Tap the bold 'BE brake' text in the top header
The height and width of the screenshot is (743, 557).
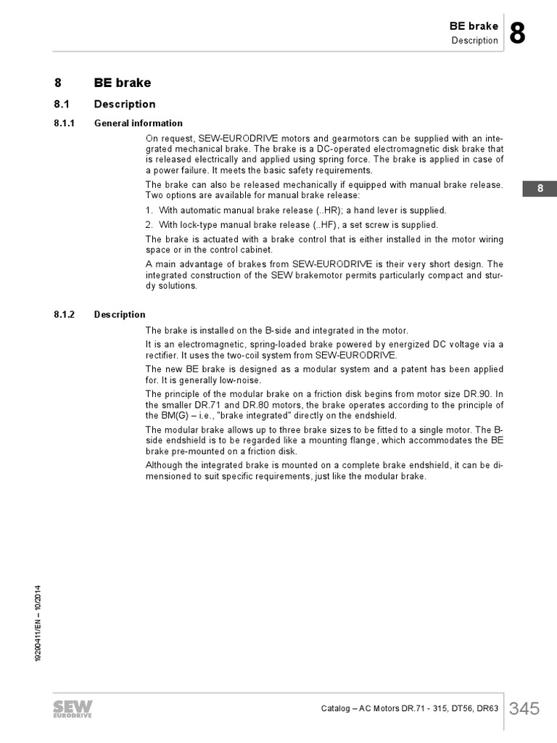pos(474,26)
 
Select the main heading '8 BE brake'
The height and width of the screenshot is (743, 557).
pos(102,83)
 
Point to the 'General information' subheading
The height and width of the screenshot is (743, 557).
pos(139,123)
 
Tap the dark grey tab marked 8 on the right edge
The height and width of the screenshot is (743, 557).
pos(540,189)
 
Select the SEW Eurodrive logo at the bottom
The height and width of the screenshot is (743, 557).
pos(71,710)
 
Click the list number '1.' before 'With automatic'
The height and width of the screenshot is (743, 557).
pos(149,210)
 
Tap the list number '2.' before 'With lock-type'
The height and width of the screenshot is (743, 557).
pos(149,225)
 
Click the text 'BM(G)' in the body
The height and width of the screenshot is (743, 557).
pos(160,416)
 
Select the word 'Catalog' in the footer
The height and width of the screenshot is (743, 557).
pos(337,709)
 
